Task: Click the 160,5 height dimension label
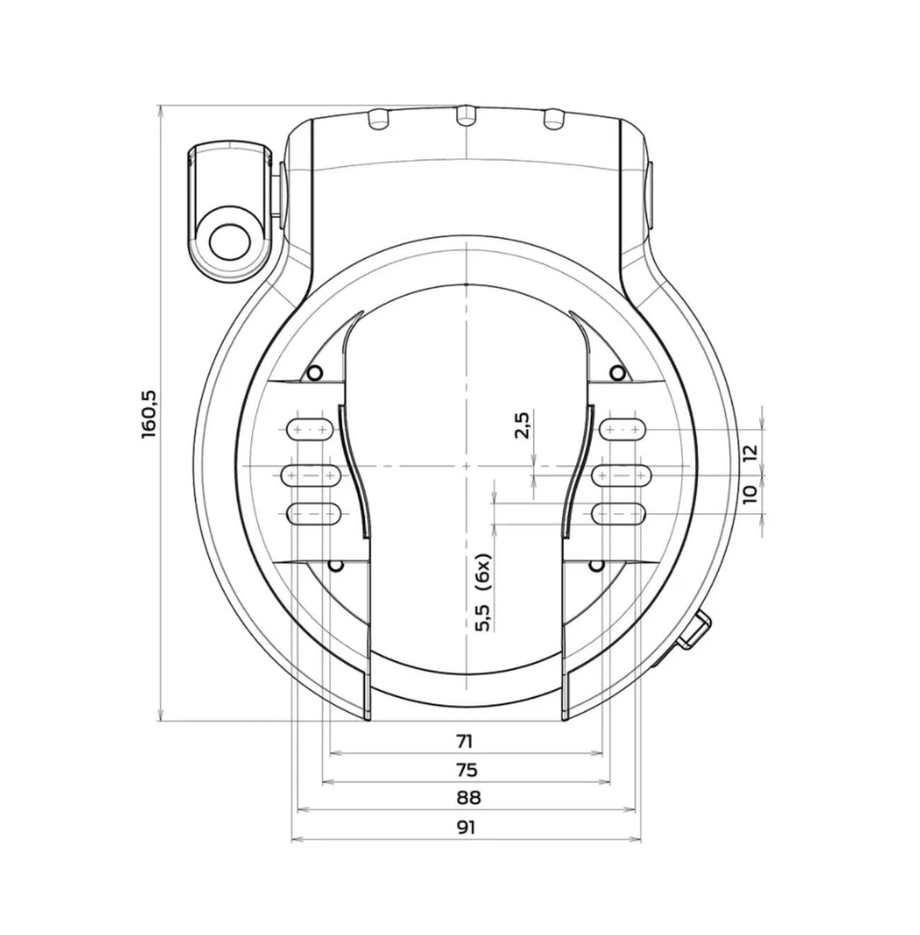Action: point(151,414)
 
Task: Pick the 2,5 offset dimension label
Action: point(523,425)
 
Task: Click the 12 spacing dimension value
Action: point(750,452)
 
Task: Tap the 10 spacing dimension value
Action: point(750,494)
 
